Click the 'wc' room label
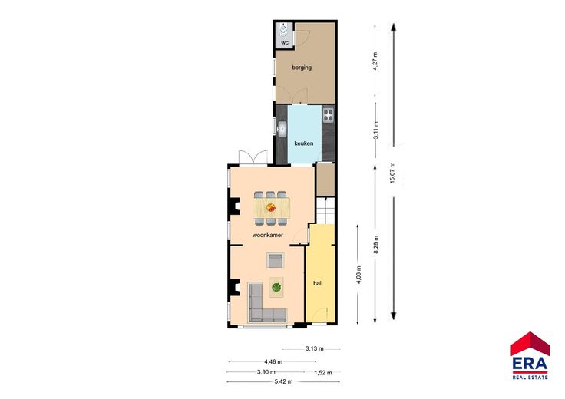[285, 42]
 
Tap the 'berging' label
[302, 68]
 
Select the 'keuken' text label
[304, 143]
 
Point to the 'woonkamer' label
[268, 235]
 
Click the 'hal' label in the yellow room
[317, 283]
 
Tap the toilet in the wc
[284, 29]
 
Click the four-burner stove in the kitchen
[329, 115]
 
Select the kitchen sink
[282, 129]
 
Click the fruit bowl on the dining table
[271, 207]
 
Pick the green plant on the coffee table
[276, 288]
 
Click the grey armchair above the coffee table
[276, 260]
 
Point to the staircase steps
[325, 211]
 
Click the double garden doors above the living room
[253, 158]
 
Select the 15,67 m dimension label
[392, 173]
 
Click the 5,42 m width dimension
[283, 381]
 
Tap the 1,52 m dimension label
[323, 373]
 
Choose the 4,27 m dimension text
[375, 62]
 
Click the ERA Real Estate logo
[530, 356]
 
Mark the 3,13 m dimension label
[315, 348]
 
